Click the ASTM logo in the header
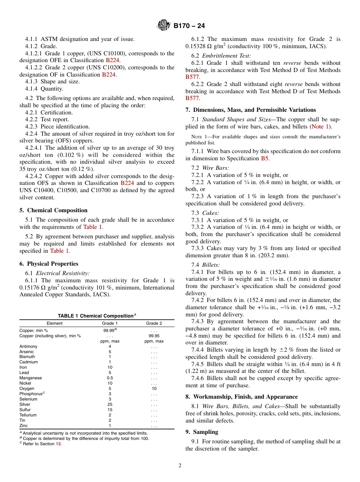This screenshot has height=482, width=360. tap(164, 26)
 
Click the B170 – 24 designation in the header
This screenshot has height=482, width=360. tap(189, 26)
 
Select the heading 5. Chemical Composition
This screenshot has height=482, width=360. tap(53, 210)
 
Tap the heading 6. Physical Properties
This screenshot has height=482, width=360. tap(49, 264)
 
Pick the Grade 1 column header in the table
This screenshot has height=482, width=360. tap(110, 323)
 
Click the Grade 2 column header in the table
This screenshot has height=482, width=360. tap(154, 323)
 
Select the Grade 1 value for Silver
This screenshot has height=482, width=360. tap(110, 404)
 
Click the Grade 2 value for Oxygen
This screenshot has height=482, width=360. tap(154, 388)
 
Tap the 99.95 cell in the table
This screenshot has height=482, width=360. tap(154, 336)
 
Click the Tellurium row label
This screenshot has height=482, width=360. tap(28, 415)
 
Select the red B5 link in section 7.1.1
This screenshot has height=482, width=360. tap(265, 158)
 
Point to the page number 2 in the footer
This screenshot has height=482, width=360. tap(180, 466)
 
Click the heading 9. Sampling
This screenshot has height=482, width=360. tap(202, 432)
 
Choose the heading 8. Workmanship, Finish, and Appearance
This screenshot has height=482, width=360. tap(241, 397)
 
